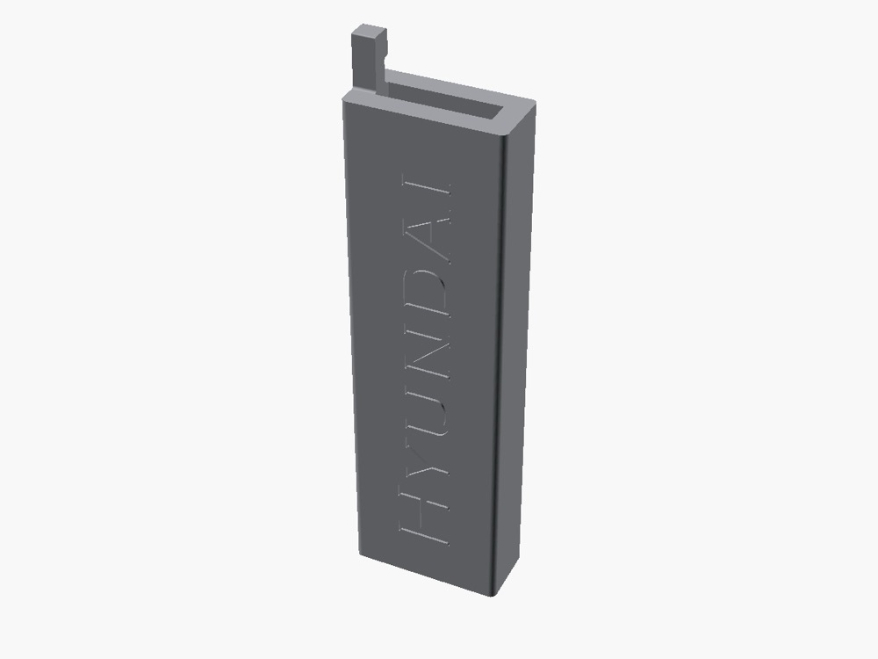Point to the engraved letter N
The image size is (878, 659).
(x=428, y=355)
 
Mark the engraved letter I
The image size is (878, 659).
(x=427, y=187)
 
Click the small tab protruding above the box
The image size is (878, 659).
(x=369, y=59)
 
